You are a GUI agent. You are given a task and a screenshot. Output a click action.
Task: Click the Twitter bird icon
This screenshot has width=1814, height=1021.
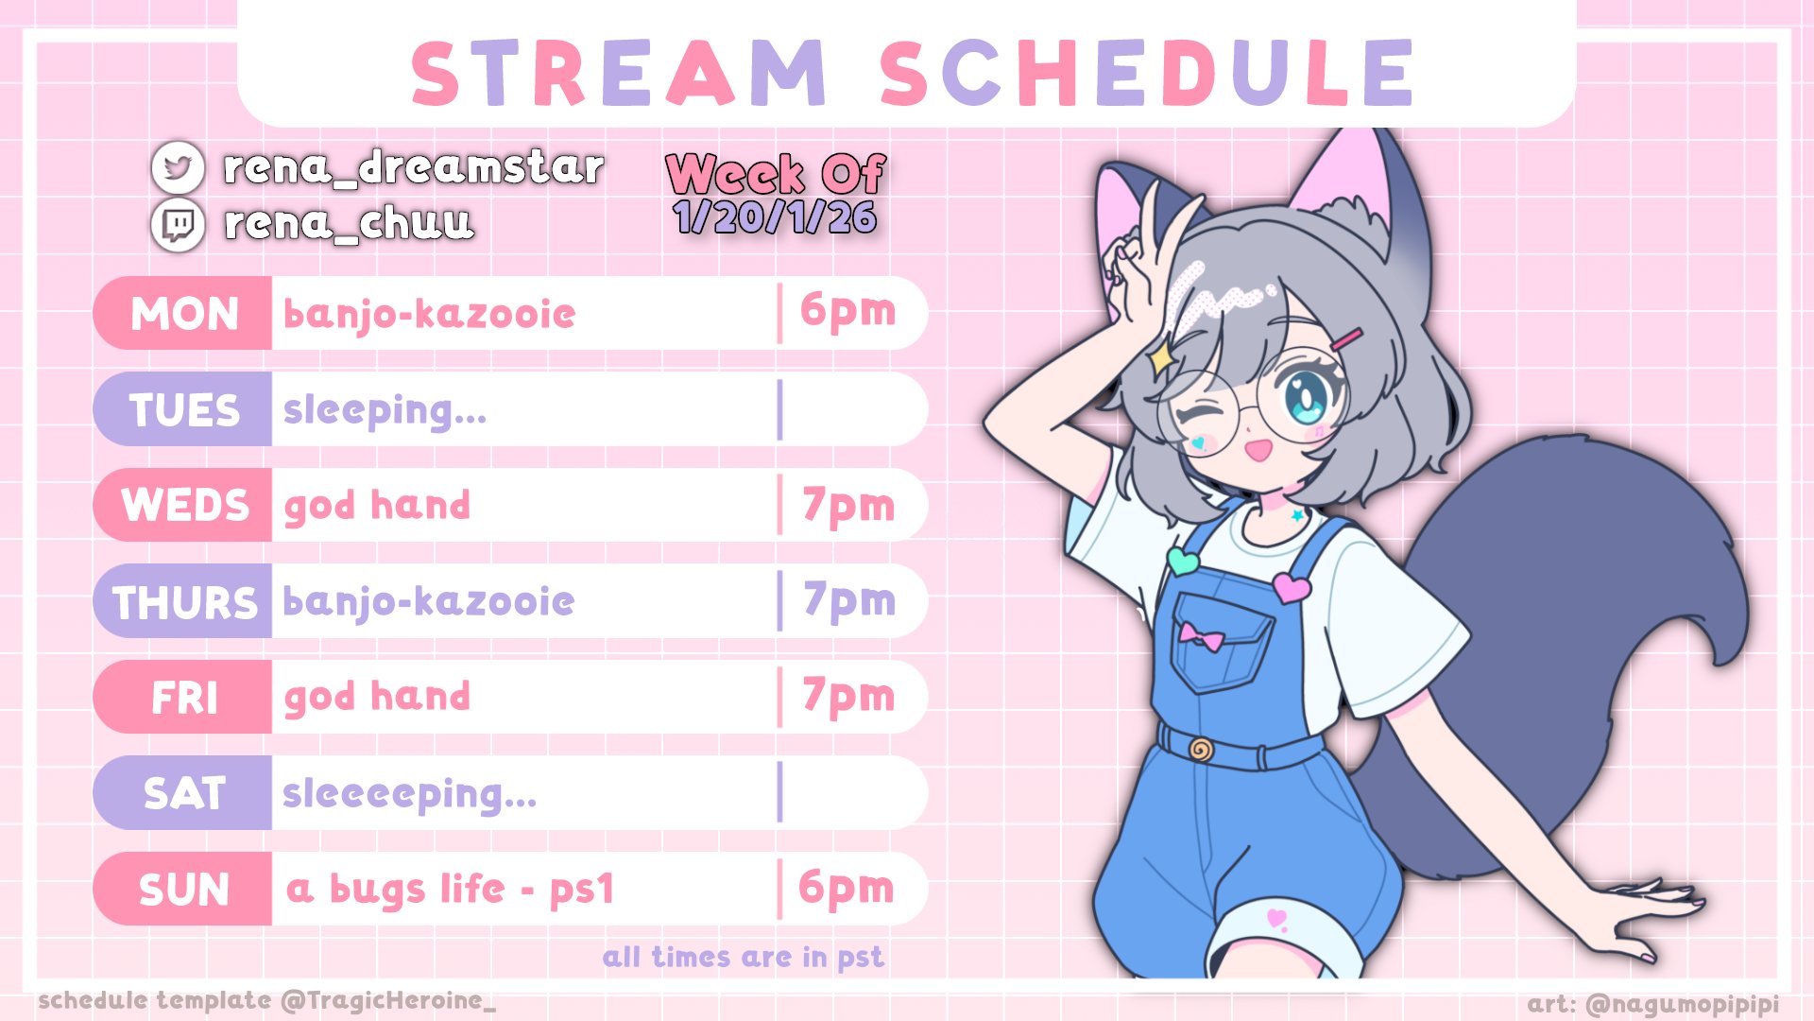pyautogui.click(x=178, y=167)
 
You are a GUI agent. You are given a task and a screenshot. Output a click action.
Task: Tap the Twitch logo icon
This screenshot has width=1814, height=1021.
pyautogui.click(x=178, y=225)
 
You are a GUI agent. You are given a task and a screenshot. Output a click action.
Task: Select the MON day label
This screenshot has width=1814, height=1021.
pyautogui.click(x=184, y=314)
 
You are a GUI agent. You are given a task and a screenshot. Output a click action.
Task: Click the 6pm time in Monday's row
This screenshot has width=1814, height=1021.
pyautogui.click(x=847, y=312)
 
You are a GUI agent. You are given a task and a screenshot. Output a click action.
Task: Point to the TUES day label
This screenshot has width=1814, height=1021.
pyautogui.click(x=184, y=410)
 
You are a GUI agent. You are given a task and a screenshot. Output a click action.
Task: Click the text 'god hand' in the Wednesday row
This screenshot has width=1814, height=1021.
pyautogui.click(x=377, y=507)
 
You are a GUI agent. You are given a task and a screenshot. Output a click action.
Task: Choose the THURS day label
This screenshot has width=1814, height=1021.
pyautogui.click(x=184, y=602)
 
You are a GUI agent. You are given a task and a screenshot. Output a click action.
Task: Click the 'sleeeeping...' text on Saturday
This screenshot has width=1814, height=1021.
pyautogui.click(x=409, y=794)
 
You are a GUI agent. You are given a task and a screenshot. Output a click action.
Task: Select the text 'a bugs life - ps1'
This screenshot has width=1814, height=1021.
pyautogui.click(x=450, y=890)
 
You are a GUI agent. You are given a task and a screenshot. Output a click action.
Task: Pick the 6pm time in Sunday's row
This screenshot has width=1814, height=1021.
pyautogui.click(x=846, y=889)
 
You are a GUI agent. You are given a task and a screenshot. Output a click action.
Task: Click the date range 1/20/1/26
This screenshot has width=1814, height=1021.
pyautogui.click(x=775, y=218)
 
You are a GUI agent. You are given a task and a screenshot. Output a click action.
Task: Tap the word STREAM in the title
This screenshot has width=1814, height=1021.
pyautogui.click(x=619, y=73)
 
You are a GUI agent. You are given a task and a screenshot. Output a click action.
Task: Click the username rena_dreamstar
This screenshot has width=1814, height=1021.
pyautogui.click(x=413, y=167)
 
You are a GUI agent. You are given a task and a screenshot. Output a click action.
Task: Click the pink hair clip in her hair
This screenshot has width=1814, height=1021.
pyautogui.click(x=1349, y=340)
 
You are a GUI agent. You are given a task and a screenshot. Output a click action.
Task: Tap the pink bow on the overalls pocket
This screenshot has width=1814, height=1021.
pyautogui.click(x=1201, y=636)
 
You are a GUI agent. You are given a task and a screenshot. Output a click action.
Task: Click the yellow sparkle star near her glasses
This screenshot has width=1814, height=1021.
pyautogui.click(x=1160, y=357)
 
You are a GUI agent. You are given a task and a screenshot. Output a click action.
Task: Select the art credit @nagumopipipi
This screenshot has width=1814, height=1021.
pyautogui.click(x=1653, y=1004)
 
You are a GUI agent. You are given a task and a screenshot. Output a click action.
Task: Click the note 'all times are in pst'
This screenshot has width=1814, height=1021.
pyautogui.click(x=744, y=958)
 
